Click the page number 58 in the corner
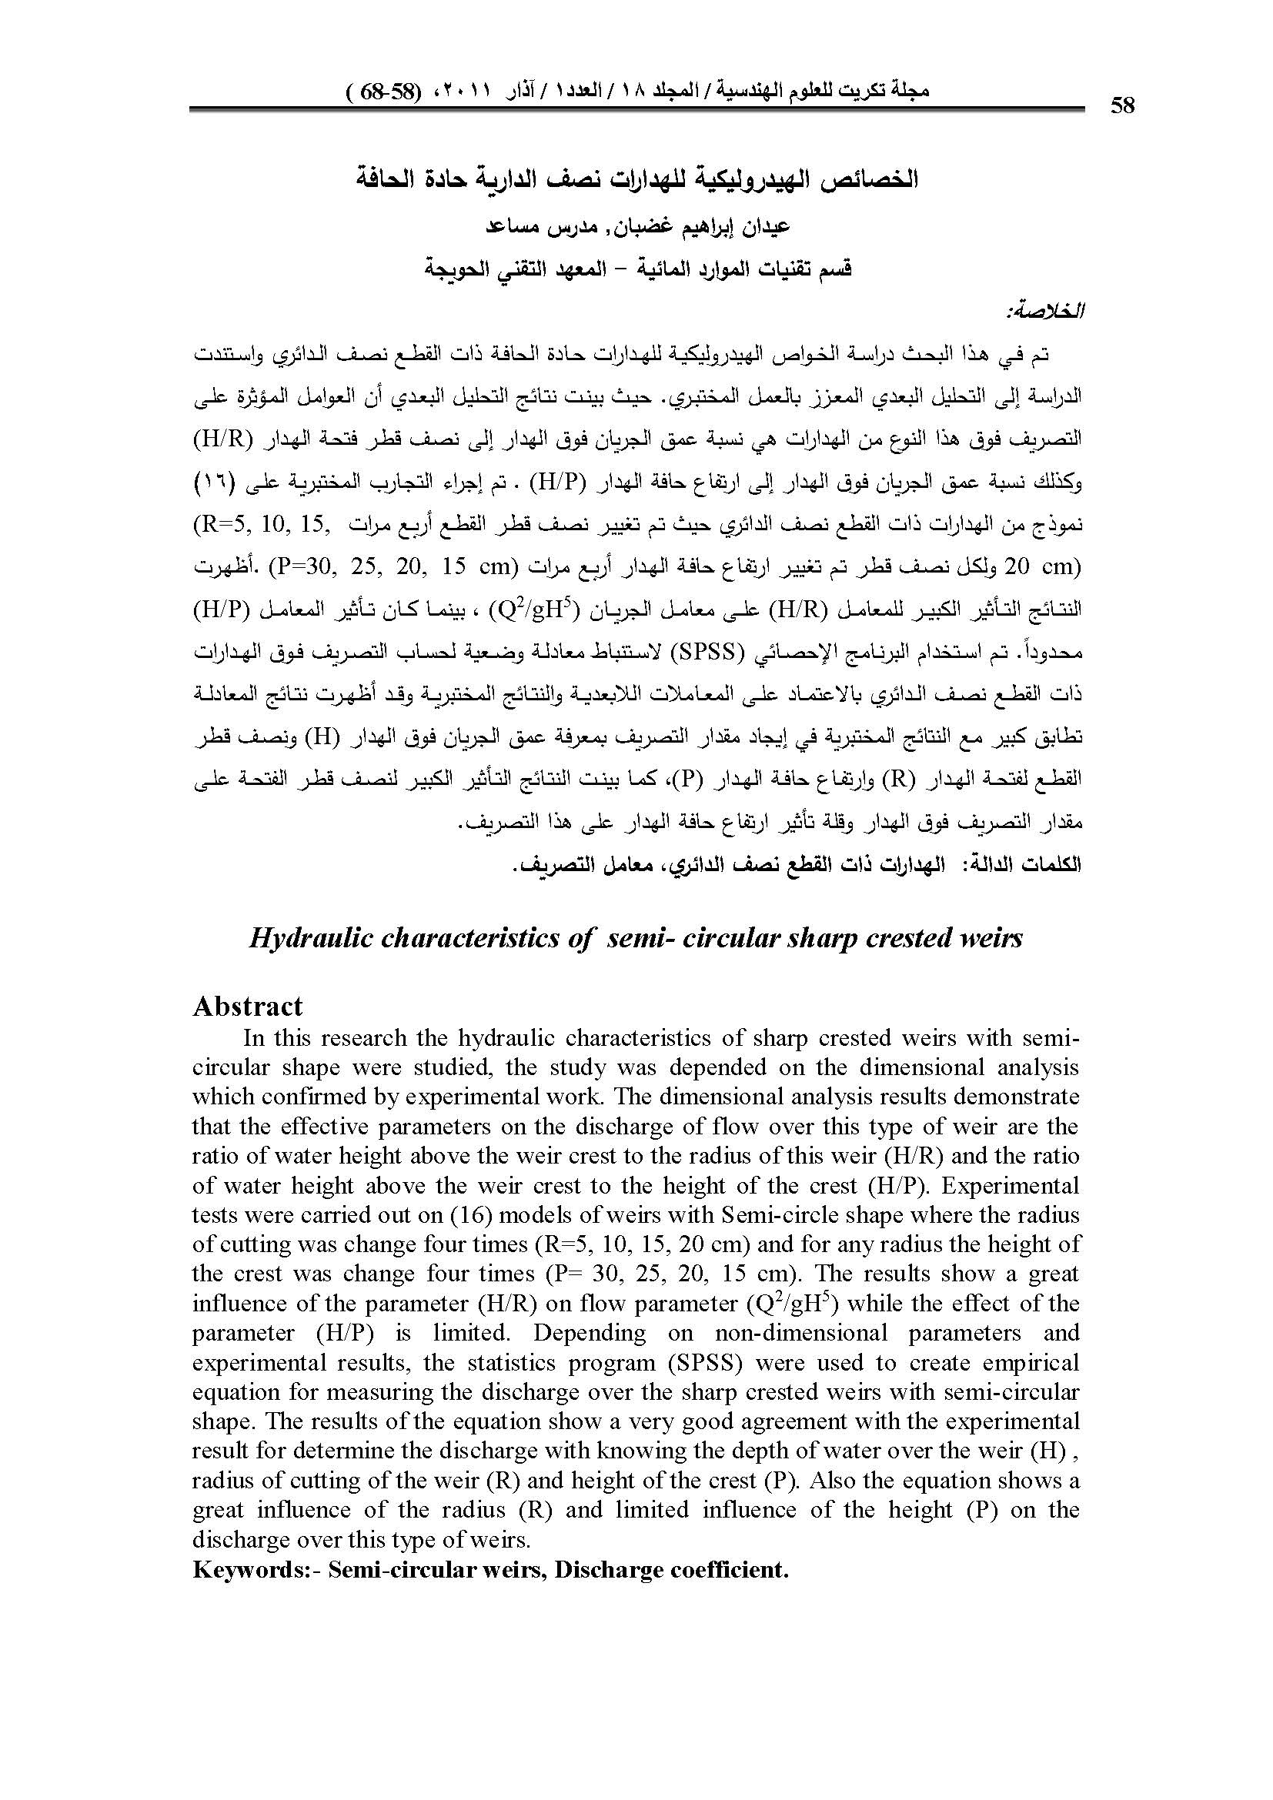(x=1122, y=106)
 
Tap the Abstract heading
(x=248, y=1006)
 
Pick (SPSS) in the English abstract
(x=706, y=1363)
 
